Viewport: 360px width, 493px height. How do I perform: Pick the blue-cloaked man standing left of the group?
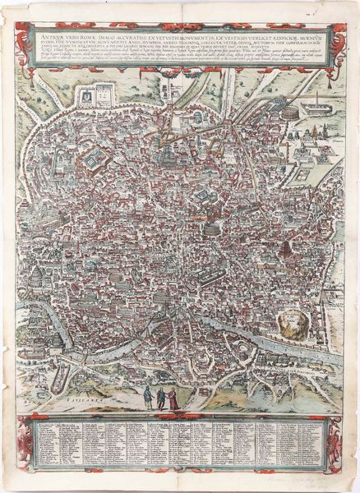146,397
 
